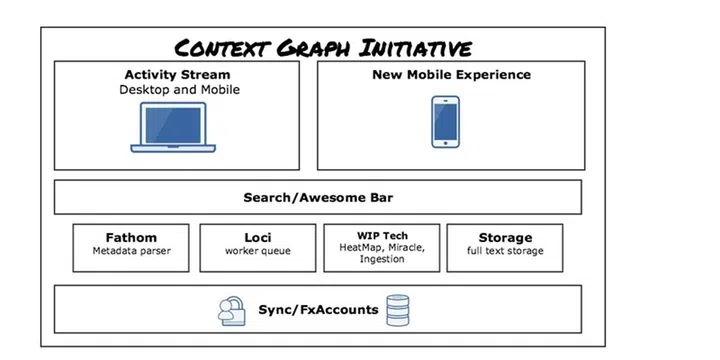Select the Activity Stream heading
point(177,75)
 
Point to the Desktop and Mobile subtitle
point(177,90)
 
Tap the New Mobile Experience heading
point(451,75)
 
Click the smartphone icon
point(445,122)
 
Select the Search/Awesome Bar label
point(317,197)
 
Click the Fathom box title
point(131,238)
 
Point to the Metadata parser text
point(131,251)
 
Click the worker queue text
point(257,251)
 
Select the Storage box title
point(505,238)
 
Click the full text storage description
point(505,251)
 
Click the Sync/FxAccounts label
point(317,310)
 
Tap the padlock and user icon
point(233,311)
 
